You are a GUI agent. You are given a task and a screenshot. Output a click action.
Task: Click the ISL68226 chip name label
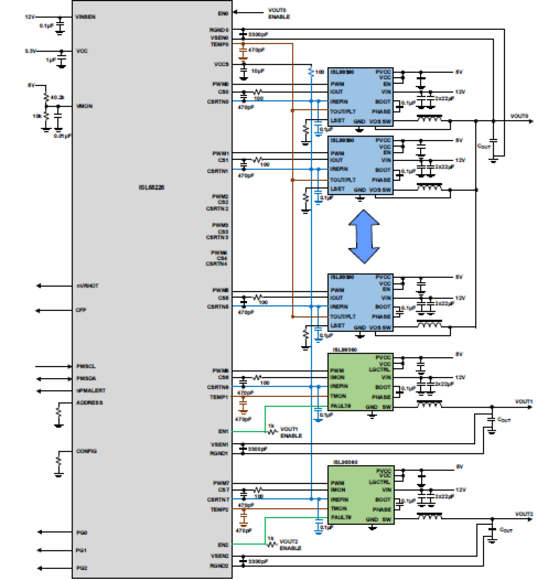click(151, 187)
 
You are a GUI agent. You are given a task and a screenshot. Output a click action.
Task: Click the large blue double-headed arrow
click(364, 236)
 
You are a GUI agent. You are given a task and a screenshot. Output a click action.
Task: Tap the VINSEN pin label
click(85, 17)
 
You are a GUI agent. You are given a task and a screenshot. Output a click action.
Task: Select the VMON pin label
click(84, 106)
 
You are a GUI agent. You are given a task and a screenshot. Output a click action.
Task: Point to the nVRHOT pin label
click(88, 286)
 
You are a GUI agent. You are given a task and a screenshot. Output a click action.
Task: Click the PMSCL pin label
click(86, 366)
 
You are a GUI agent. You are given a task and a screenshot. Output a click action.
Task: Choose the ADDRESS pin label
click(89, 403)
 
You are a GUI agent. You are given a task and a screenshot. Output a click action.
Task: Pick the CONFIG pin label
click(86, 451)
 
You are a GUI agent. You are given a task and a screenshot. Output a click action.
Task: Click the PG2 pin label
click(82, 568)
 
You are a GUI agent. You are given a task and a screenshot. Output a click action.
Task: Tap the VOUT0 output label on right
click(519, 116)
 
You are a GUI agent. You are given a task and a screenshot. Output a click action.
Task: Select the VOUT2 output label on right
click(524, 514)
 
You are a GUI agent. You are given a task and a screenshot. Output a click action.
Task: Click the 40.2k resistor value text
click(58, 97)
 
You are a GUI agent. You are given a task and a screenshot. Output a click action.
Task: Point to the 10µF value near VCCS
click(258, 71)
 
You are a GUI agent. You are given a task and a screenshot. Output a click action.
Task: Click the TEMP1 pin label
click(219, 397)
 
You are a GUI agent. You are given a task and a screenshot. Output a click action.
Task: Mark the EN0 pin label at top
click(223, 14)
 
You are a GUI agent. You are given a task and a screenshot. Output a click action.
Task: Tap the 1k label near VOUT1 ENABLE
click(271, 426)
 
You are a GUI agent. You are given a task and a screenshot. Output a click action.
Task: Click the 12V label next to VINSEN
click(30, 17)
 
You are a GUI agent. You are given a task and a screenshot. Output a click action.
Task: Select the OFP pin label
click(81, 310)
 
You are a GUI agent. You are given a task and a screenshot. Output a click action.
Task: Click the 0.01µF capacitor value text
click(63, 136)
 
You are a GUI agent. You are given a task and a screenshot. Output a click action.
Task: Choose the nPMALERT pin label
click(91, 390)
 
